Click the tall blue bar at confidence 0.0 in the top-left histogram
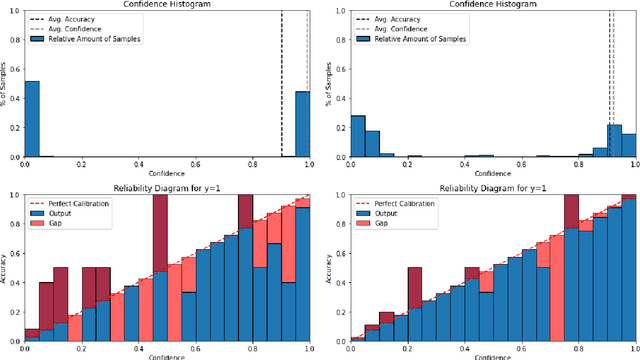coord(31,119)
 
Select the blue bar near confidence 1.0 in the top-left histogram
coord(302,124)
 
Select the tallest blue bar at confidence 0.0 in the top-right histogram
coord(357,137)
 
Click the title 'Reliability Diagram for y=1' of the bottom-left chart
coord(166,186)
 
